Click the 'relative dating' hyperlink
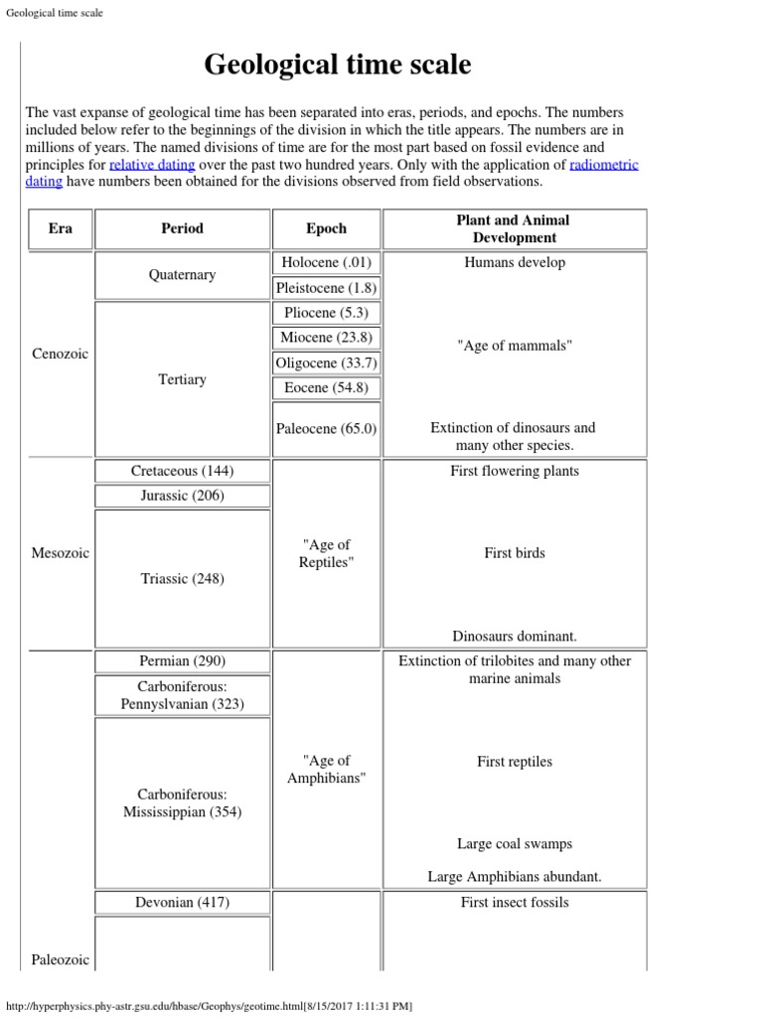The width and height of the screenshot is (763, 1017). point(152,165)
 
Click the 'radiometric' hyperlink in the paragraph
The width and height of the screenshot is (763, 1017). point(604,165)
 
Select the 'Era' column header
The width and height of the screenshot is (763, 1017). point(60,228)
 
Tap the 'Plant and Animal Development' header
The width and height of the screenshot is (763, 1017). point(514,228)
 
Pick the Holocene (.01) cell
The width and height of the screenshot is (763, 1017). point(326,263)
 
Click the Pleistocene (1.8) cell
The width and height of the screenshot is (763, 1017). point(326,288)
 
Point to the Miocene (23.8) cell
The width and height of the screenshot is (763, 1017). point(326,338)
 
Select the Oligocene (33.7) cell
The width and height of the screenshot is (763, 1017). point(326,363)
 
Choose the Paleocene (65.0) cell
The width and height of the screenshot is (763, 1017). point(326,429)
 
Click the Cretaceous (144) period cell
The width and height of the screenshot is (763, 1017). point(182,471)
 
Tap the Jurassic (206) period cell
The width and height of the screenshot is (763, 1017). point(182,496)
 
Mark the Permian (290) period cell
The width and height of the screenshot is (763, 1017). point(182,661)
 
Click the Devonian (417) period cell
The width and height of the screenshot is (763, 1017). point(182,903)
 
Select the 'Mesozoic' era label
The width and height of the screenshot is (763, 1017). point(60,553)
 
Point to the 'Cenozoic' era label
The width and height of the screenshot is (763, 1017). point(60,355)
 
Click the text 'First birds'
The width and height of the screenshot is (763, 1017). point(514,553)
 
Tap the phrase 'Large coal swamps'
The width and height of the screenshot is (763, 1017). point(514,844)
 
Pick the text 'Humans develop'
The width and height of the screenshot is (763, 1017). point(514,263)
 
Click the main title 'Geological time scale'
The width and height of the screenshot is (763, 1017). point(338,66)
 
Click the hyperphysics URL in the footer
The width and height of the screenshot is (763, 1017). point(209,1006)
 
